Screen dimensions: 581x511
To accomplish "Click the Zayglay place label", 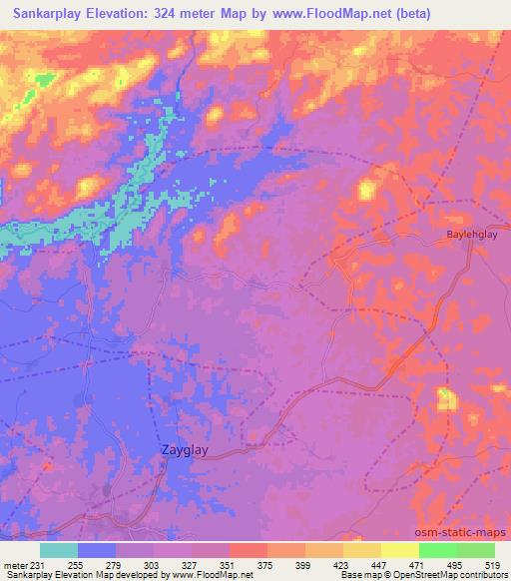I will pos(185,450).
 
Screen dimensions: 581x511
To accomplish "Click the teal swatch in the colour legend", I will pos(59,550).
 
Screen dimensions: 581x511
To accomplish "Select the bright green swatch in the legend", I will pos(438,550).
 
